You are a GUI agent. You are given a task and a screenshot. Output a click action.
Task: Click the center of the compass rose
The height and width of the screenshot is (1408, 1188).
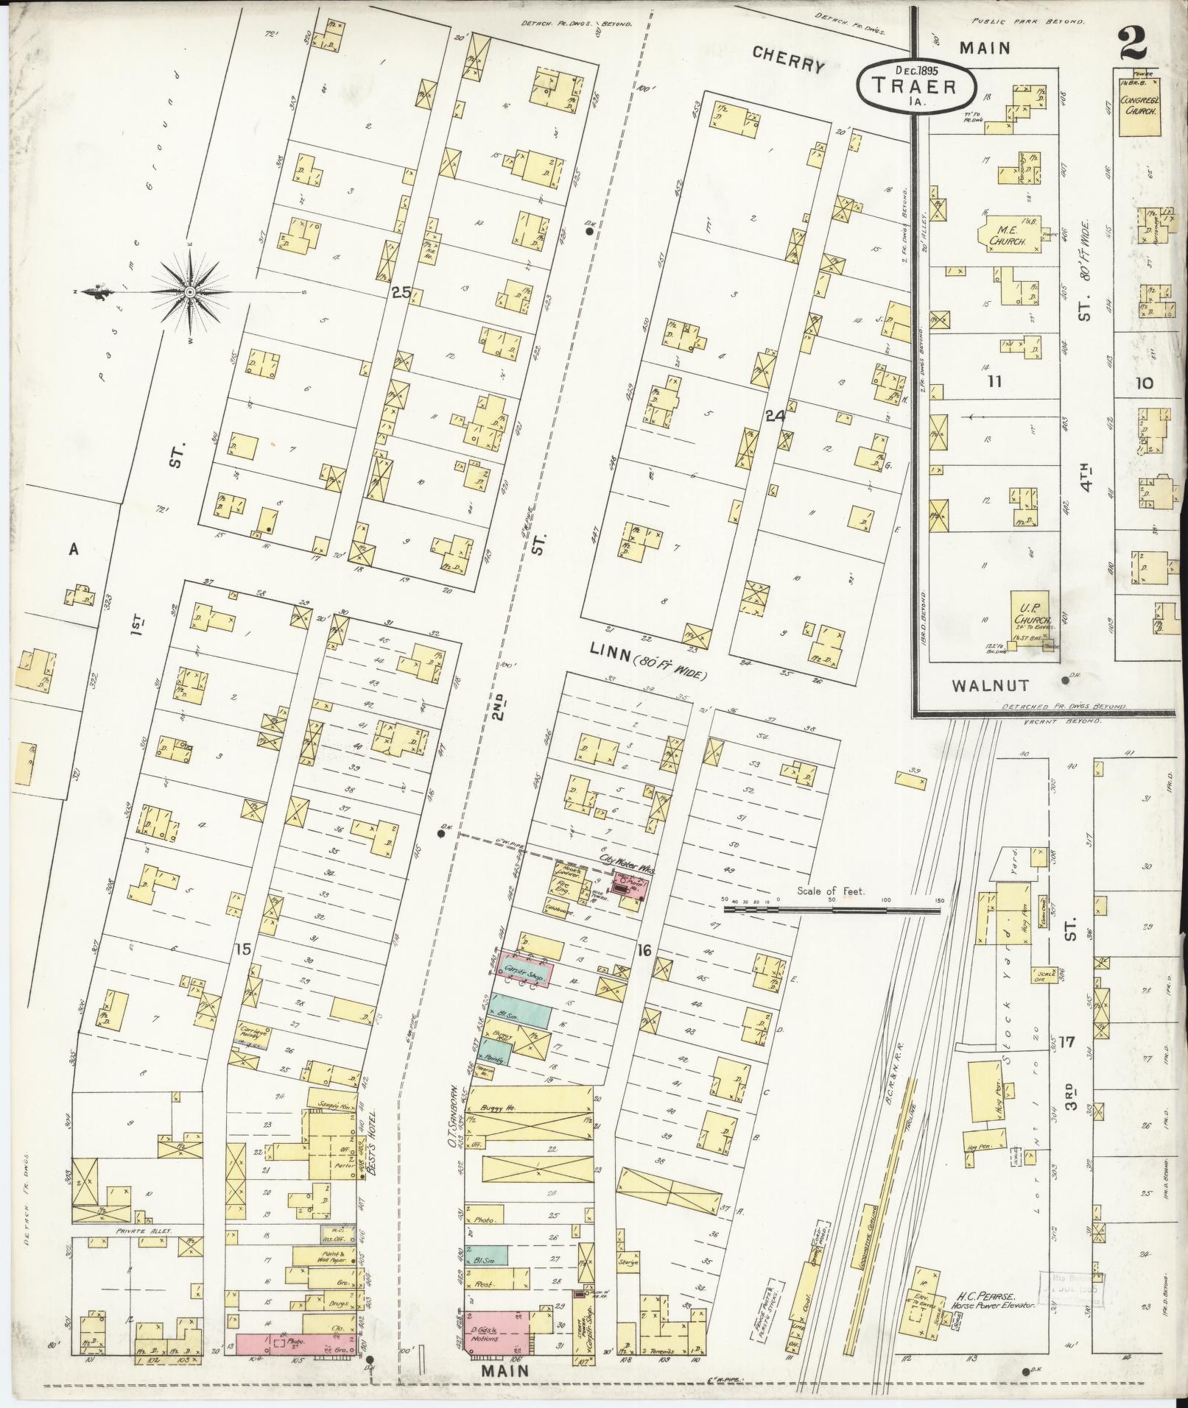190,293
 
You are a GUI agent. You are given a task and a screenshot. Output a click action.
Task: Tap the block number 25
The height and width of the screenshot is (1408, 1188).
401,292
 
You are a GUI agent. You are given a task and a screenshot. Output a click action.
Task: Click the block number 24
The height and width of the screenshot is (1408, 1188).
776,416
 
